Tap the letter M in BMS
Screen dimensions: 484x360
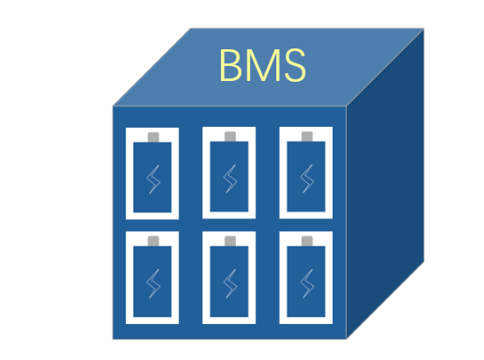point(263,65)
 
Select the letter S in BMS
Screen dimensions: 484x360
point(295,65)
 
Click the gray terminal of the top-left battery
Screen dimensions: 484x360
point(153,137)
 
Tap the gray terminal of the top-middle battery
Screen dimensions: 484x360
point(231,136)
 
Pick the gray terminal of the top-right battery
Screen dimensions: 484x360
point(307,136)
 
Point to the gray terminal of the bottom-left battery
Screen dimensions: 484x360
point(153,241)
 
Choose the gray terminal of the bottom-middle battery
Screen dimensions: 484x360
point(231,241)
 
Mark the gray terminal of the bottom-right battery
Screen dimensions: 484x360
point(307,241)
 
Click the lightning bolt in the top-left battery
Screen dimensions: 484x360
point(153,180)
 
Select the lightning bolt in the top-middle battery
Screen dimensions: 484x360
point(231,179)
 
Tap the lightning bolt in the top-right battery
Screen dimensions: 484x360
point(307,179)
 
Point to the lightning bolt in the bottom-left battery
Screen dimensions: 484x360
point(153,283)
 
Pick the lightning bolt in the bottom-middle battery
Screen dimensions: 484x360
point(231,283)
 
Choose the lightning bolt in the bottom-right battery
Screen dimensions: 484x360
point(307,283)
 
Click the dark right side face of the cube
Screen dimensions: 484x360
point(385,184)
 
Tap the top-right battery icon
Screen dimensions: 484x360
point(306,173)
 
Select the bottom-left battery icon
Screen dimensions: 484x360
point(152,277)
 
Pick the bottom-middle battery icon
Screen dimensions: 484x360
point(229,277)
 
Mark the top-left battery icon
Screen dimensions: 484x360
point(152,173)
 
